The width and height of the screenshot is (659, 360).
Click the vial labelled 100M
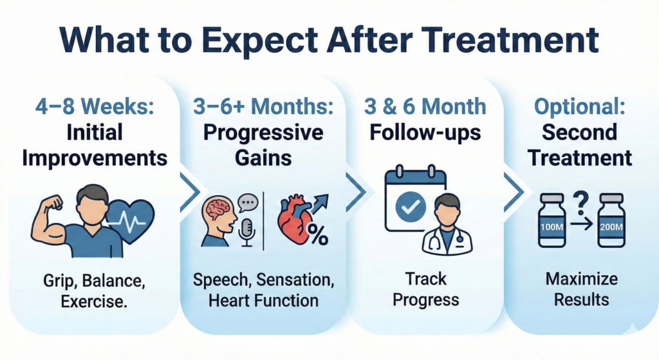tap(553, 223)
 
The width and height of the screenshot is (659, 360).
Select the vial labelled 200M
tap(611, 223)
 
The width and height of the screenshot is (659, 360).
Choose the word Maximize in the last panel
tap(581, 279)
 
